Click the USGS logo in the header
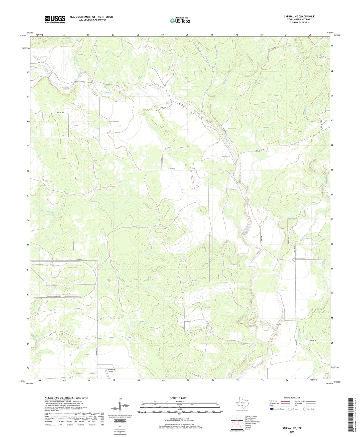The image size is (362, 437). pyautogui.click(x=55, y=19)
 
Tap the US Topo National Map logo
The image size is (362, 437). pyautogui.click(x=180, y=21)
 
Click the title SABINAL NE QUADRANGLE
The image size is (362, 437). pyautogui.click(x=299, y=17)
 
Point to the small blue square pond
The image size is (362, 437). pyautogui.click(x=119, y=126)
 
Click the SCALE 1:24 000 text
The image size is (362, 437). pyautogui.click(x=178, y=398)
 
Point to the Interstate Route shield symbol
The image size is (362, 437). pyautogui.click(x=272, y=409)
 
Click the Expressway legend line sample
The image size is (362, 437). pyautogui.click(x=285, y=401)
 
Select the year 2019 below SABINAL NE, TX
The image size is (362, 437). pyautogui.click(x=292, y=432)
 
